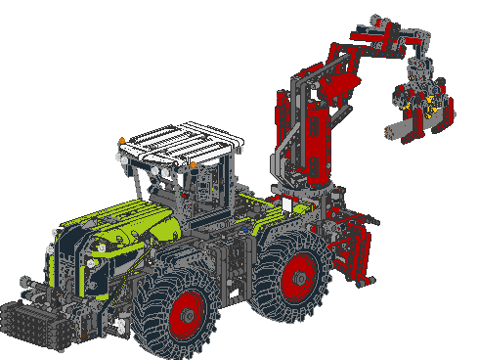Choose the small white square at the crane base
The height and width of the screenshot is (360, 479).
(287, 204)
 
